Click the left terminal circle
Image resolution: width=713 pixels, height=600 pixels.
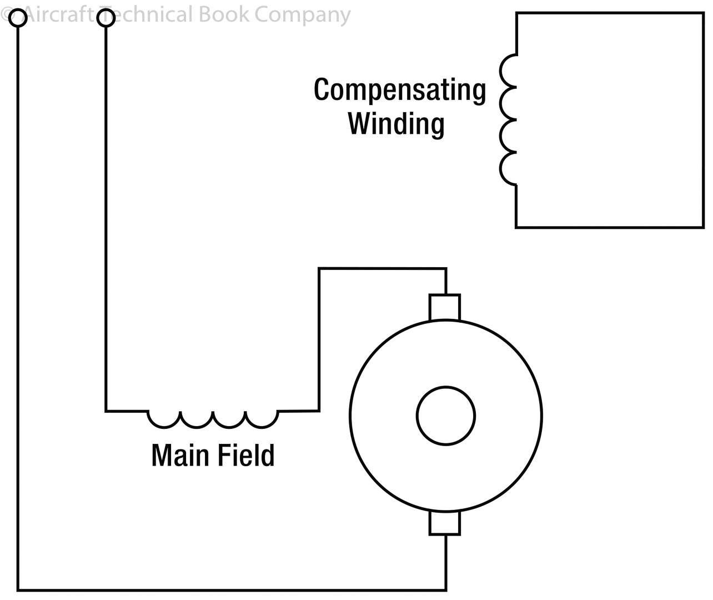(18, 18)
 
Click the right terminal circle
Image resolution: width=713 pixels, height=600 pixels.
(106, 18)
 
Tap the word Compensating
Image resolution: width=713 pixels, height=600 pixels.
(400, 89)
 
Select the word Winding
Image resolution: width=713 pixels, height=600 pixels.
(396, 123)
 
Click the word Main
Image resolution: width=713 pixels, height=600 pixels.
(179, 455)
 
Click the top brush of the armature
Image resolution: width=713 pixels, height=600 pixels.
(445, 307)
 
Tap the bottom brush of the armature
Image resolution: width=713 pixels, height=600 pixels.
(445, 523)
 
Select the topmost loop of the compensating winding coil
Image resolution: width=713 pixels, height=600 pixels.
(508, 71)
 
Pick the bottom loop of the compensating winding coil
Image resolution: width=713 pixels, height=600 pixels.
(508, 168)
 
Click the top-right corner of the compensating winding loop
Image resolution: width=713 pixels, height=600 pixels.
(702, 13)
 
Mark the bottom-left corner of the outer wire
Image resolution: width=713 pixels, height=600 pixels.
(18, 589)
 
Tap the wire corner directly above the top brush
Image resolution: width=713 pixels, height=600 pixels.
(445, 269)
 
